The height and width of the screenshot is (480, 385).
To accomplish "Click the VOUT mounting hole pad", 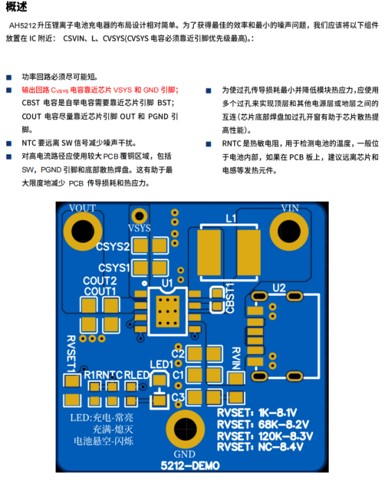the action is click(83, 232).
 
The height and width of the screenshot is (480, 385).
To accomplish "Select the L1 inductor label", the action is click(231, 218).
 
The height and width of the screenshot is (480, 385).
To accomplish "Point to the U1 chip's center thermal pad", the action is click(167, 312).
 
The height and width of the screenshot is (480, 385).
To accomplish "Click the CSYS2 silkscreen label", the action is click(113, 247).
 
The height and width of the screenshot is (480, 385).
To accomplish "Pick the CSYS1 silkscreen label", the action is click(114, 268).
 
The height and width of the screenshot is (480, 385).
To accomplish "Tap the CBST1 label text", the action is click(230, 298).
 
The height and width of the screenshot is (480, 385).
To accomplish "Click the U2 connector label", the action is click(279, 288).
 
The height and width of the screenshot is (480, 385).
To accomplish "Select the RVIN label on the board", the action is click(236, 358).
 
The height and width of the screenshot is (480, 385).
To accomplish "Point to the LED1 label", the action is click(161, 365).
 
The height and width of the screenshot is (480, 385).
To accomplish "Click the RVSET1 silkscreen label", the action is click(71, 354).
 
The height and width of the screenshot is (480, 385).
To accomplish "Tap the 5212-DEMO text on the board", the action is click(190, 465).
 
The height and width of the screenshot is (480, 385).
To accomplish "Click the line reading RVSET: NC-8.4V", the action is click(260, 447).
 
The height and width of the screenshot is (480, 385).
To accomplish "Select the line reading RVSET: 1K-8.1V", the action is click(257, 413).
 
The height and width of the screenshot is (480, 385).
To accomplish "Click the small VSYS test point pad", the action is click(139, 216).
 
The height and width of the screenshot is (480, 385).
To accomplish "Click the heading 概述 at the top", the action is click(17, 7).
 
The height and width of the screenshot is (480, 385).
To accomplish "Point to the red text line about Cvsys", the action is click(100, 90).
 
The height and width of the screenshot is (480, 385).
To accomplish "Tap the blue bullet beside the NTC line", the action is click(9, 143).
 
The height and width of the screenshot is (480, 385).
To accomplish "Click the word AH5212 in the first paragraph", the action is click(23, 25).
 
